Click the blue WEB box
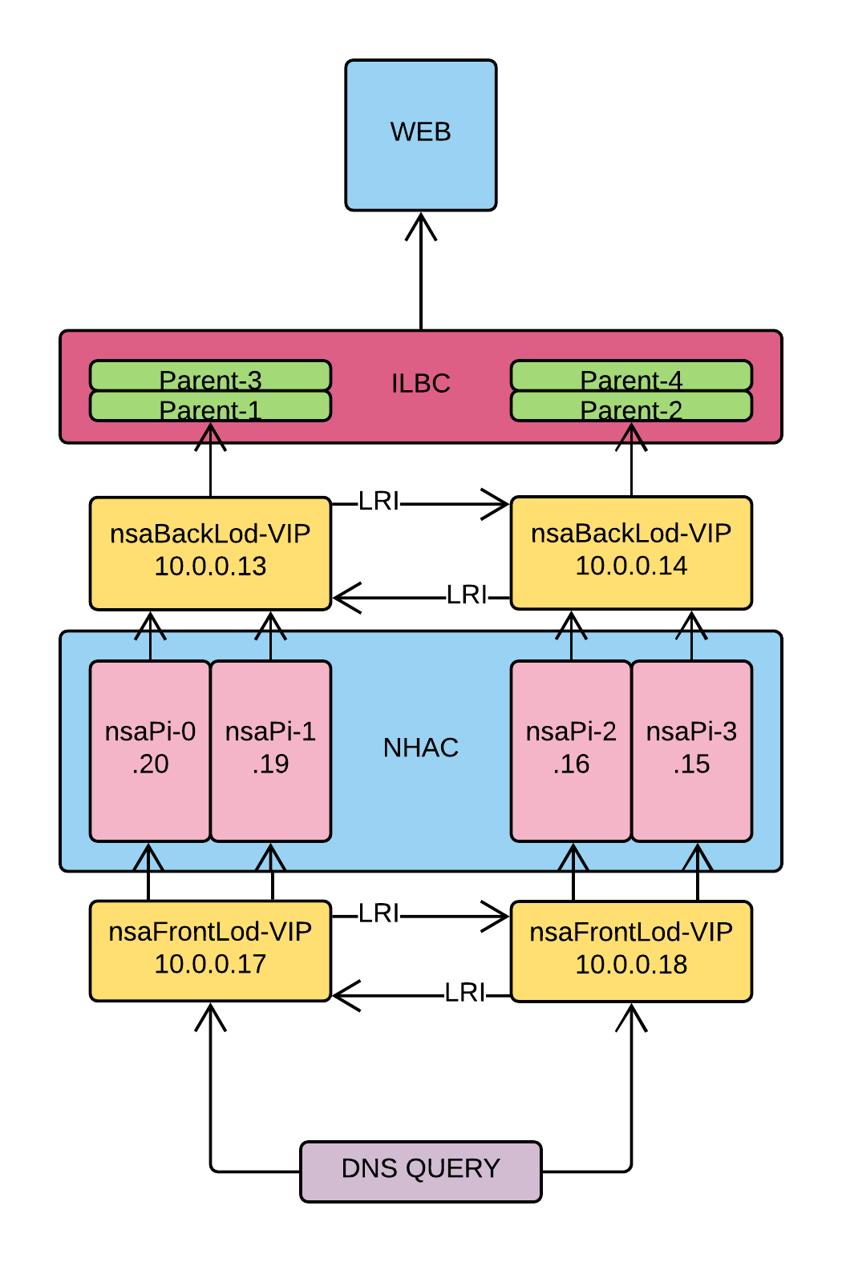pos(420,135)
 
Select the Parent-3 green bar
pos(210,375)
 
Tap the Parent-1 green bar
pos(210,406)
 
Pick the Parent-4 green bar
pos(631,375)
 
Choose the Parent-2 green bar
pos(631,406)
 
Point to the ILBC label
pos(420,384)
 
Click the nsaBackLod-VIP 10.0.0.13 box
pos(210,553)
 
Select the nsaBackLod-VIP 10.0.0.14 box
pos(631,552)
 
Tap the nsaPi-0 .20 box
pos(150,751)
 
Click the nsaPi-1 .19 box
pos(270,751)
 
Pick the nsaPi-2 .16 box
pos(571,751)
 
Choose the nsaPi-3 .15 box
pos(691,751)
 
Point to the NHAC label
pos(420,748)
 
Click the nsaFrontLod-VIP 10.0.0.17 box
pos(210,950)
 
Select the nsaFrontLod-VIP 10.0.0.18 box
pos(631,951)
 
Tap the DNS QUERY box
pos(420,1171)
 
